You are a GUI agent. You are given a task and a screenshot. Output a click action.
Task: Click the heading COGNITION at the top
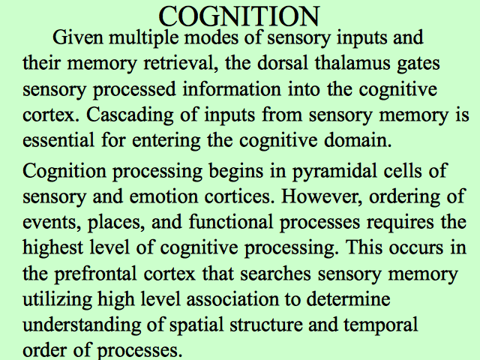point(239,16)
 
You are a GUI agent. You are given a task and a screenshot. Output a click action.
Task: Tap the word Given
point(78,37)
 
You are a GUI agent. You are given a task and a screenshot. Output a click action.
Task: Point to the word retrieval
point(181,63)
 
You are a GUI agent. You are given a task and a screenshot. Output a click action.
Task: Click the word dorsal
point(282,63)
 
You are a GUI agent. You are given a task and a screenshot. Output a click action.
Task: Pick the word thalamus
point(352,63)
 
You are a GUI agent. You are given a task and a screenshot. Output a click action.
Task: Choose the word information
point(232,89)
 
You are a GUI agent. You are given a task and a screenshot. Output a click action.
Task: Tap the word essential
point(58,140)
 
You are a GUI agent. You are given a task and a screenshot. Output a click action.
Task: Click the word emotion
point(163,196)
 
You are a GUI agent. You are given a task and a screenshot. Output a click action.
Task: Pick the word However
point(322,196)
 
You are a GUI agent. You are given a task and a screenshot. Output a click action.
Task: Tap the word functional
point(231,222)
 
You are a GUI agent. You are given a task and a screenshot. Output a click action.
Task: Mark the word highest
point(53,248)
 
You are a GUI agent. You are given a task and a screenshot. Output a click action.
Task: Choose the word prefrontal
point(95,274)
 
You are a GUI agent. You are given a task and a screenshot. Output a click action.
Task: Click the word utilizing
point(57,300)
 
